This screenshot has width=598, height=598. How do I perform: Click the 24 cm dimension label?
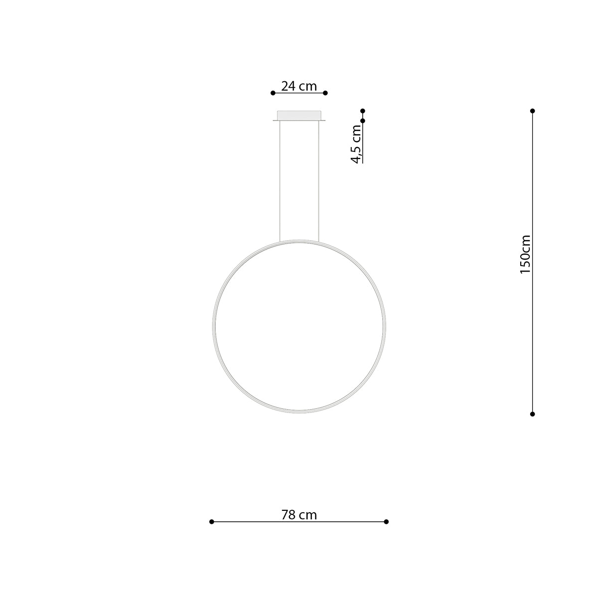(x=299, y=86)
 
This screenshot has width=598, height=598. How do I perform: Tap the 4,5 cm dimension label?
(x=356, y=144)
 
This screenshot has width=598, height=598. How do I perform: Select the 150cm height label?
(x=525, y=254)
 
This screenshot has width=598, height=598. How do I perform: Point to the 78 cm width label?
(x=299, y=515)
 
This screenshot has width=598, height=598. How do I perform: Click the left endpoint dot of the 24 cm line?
(x=273, y=93)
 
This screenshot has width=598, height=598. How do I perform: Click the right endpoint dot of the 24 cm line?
(x=325, y=93)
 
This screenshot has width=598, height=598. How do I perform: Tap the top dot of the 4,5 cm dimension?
(x=363, y=111)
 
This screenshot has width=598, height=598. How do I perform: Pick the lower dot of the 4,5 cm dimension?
(x=363, y=121)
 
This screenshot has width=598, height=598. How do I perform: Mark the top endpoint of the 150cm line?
(x=532, y=111)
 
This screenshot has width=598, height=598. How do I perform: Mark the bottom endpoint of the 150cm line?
(x=532, y=414)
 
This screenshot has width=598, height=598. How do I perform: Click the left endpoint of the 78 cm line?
(x=212, y=521)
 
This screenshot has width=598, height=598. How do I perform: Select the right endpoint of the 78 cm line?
(x=386, y=521)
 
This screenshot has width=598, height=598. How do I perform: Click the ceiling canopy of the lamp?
(x=299, y=115)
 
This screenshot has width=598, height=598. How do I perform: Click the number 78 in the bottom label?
(x=289, y=515)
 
